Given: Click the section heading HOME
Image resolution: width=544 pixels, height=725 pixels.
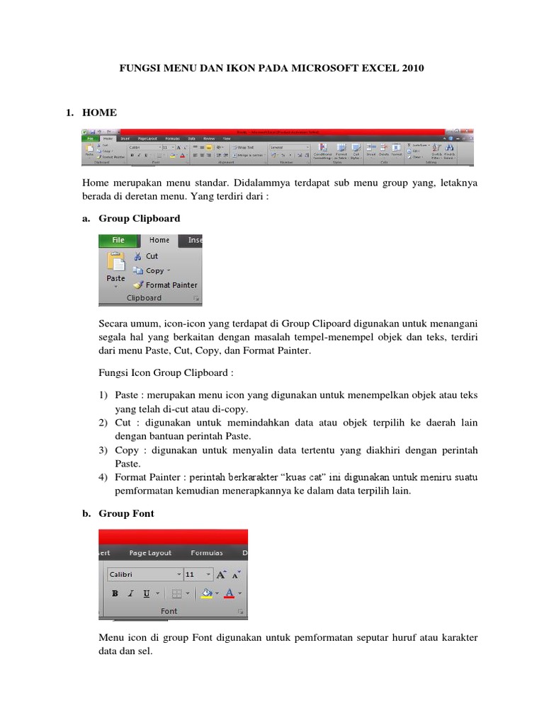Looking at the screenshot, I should click(99, 113).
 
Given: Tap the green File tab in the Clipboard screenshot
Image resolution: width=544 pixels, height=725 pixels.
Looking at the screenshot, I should click(118, 240).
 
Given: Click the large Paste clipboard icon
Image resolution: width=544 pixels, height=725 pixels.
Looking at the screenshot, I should click(115, 263).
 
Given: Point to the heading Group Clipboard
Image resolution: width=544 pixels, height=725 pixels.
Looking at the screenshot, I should click(139, 219).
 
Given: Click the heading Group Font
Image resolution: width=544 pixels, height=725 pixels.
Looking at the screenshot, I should click(131, 513).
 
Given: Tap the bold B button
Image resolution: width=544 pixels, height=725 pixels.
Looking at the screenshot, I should click(114, 593).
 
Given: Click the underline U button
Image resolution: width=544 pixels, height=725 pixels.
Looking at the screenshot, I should click(146, 593).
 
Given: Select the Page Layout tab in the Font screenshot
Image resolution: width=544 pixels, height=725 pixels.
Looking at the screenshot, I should click(150, 553).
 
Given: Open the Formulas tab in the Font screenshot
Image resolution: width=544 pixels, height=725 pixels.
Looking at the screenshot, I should click(206, 553).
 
